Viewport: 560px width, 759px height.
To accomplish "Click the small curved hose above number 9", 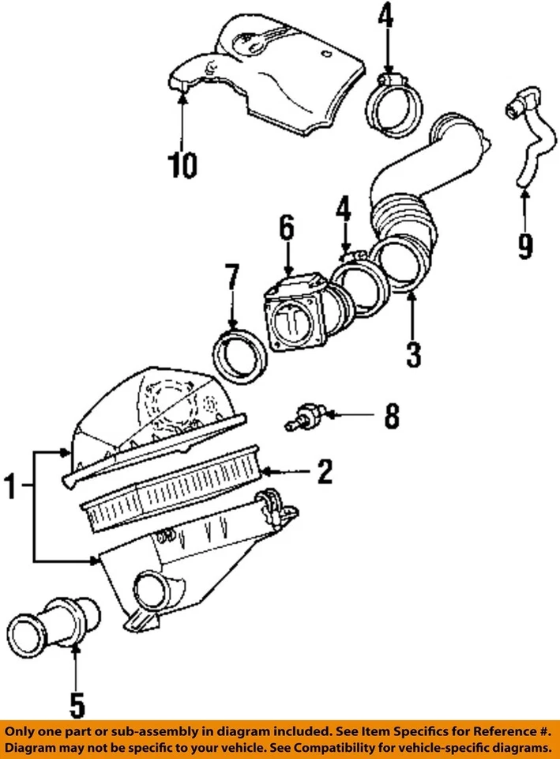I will click(x=524, y=142).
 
